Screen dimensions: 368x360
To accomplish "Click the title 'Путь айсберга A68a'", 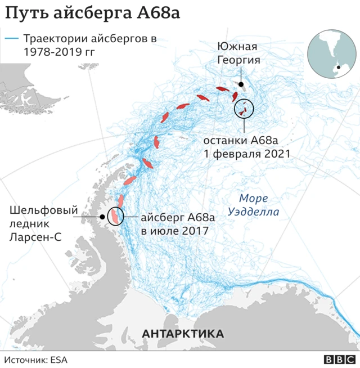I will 92,13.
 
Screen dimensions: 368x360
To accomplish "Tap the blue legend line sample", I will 12,39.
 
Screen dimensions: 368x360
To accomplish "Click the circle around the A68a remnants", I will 244,108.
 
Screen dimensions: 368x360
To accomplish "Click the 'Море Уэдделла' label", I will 254,205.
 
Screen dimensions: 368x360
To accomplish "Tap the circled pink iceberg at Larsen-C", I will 115,216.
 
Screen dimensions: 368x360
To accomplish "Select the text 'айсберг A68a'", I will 178,217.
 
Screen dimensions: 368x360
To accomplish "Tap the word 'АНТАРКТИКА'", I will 183,334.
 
